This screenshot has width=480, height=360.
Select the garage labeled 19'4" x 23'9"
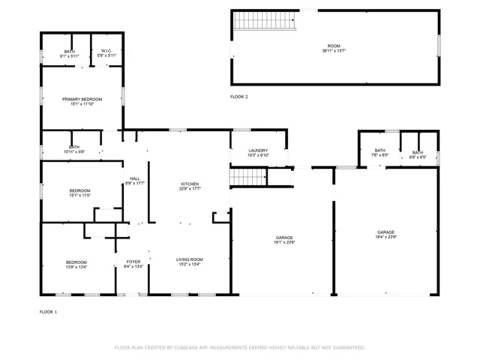(385, 235)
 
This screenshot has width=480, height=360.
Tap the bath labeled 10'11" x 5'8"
(73, 149)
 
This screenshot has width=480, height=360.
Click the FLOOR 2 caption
(238, 97)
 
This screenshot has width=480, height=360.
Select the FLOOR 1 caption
(48, 311)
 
